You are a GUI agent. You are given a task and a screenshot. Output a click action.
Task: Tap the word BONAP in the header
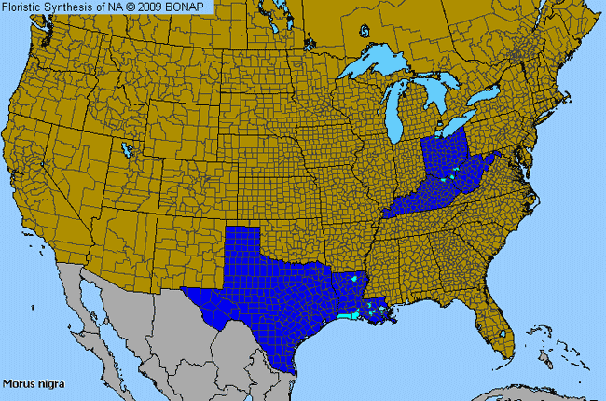coord(190,7)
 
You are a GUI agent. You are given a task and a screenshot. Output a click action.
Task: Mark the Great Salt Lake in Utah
coord(126,146)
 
